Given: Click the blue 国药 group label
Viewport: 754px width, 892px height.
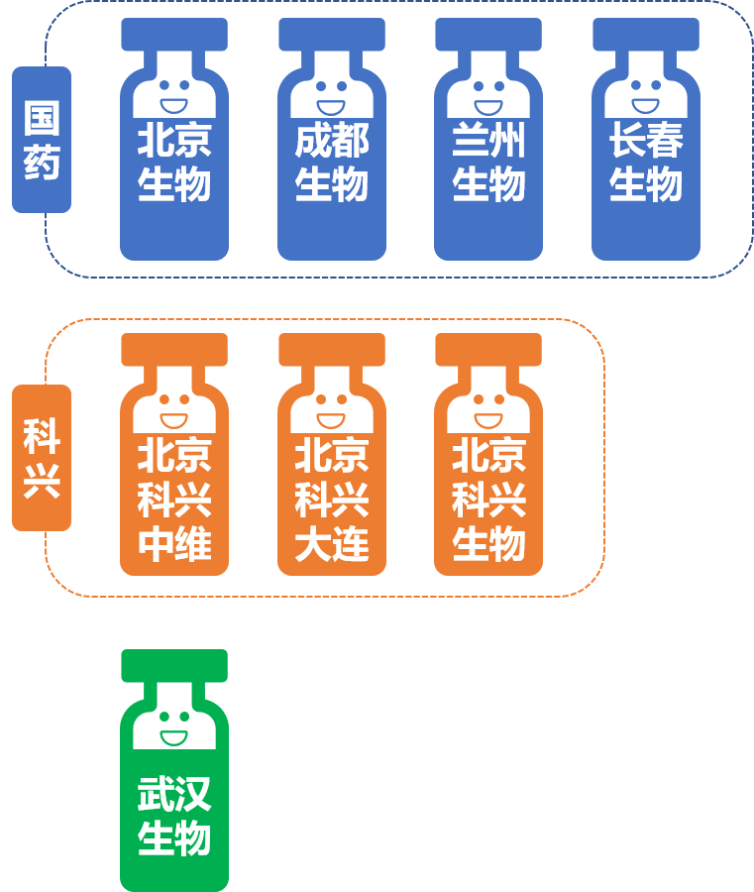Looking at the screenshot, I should tap(42, 140).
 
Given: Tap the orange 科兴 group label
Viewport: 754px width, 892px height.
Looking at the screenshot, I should tap(42, 458).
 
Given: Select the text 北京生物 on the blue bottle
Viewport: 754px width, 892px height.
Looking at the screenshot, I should tap(174, 163).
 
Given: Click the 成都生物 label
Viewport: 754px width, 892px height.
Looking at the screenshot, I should tap(332, 163).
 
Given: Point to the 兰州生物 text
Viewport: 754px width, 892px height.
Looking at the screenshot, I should tap(488, 163).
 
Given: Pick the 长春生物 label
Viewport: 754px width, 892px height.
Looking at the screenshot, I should tap(646, 163).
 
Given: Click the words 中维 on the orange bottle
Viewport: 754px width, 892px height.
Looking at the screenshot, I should tap(174, 545).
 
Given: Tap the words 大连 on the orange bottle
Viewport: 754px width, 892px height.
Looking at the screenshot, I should tap(332, 545).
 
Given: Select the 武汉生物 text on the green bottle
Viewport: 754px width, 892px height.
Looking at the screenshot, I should tap(174, 817).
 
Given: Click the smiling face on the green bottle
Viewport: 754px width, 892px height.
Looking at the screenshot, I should tap(174, 727).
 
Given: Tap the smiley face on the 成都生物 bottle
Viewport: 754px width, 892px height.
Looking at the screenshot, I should tap(332, 95).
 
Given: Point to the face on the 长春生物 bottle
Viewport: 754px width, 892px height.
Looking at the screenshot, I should tap(646, 95).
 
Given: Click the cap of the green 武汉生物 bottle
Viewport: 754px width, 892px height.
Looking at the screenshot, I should tap(174, 665).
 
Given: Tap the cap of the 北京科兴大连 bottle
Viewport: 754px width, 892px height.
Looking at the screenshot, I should tap(332, 349).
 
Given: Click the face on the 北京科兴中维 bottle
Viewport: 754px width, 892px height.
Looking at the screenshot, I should tap(174, 409).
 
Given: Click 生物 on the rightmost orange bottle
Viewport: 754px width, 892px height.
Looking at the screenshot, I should tap(488, 545).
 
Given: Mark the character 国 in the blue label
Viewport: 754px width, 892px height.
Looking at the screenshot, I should tap(42, 118).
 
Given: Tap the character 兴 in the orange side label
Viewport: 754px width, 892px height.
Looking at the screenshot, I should tap(42, 480).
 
